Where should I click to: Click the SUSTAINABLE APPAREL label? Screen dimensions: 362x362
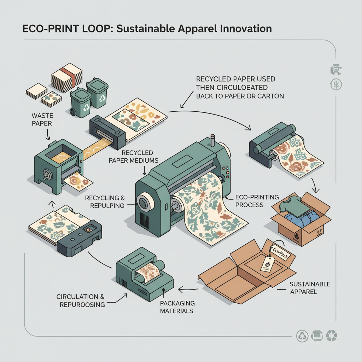[x=309, y=287]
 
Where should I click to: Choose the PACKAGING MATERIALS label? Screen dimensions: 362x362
[x=177, y=307]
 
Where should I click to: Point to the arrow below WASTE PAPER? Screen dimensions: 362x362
[x=48, y=134]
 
